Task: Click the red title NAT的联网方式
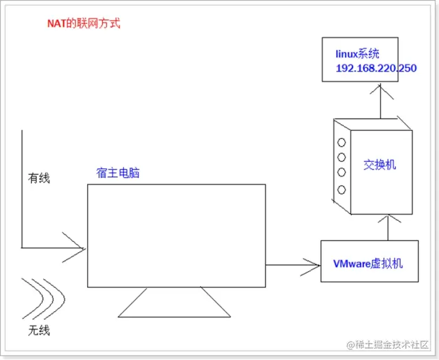click(x=83, y=24)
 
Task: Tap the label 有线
click(x=39, y=178)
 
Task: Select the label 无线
click(x=39, y=329)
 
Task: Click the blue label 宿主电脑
click(x=118, y=172)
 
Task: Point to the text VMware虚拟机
click(x=368, y=263)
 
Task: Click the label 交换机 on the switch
click(x=380, y=165)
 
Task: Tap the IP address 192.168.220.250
click(x=376, y=68)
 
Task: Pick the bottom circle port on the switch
click(x=342, y=189)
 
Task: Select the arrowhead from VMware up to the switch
click(x=389, y=219)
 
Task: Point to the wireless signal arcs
click(x=44, y=297)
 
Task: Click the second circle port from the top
click(x=342, y=157)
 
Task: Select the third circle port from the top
click(x=342, y=173)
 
